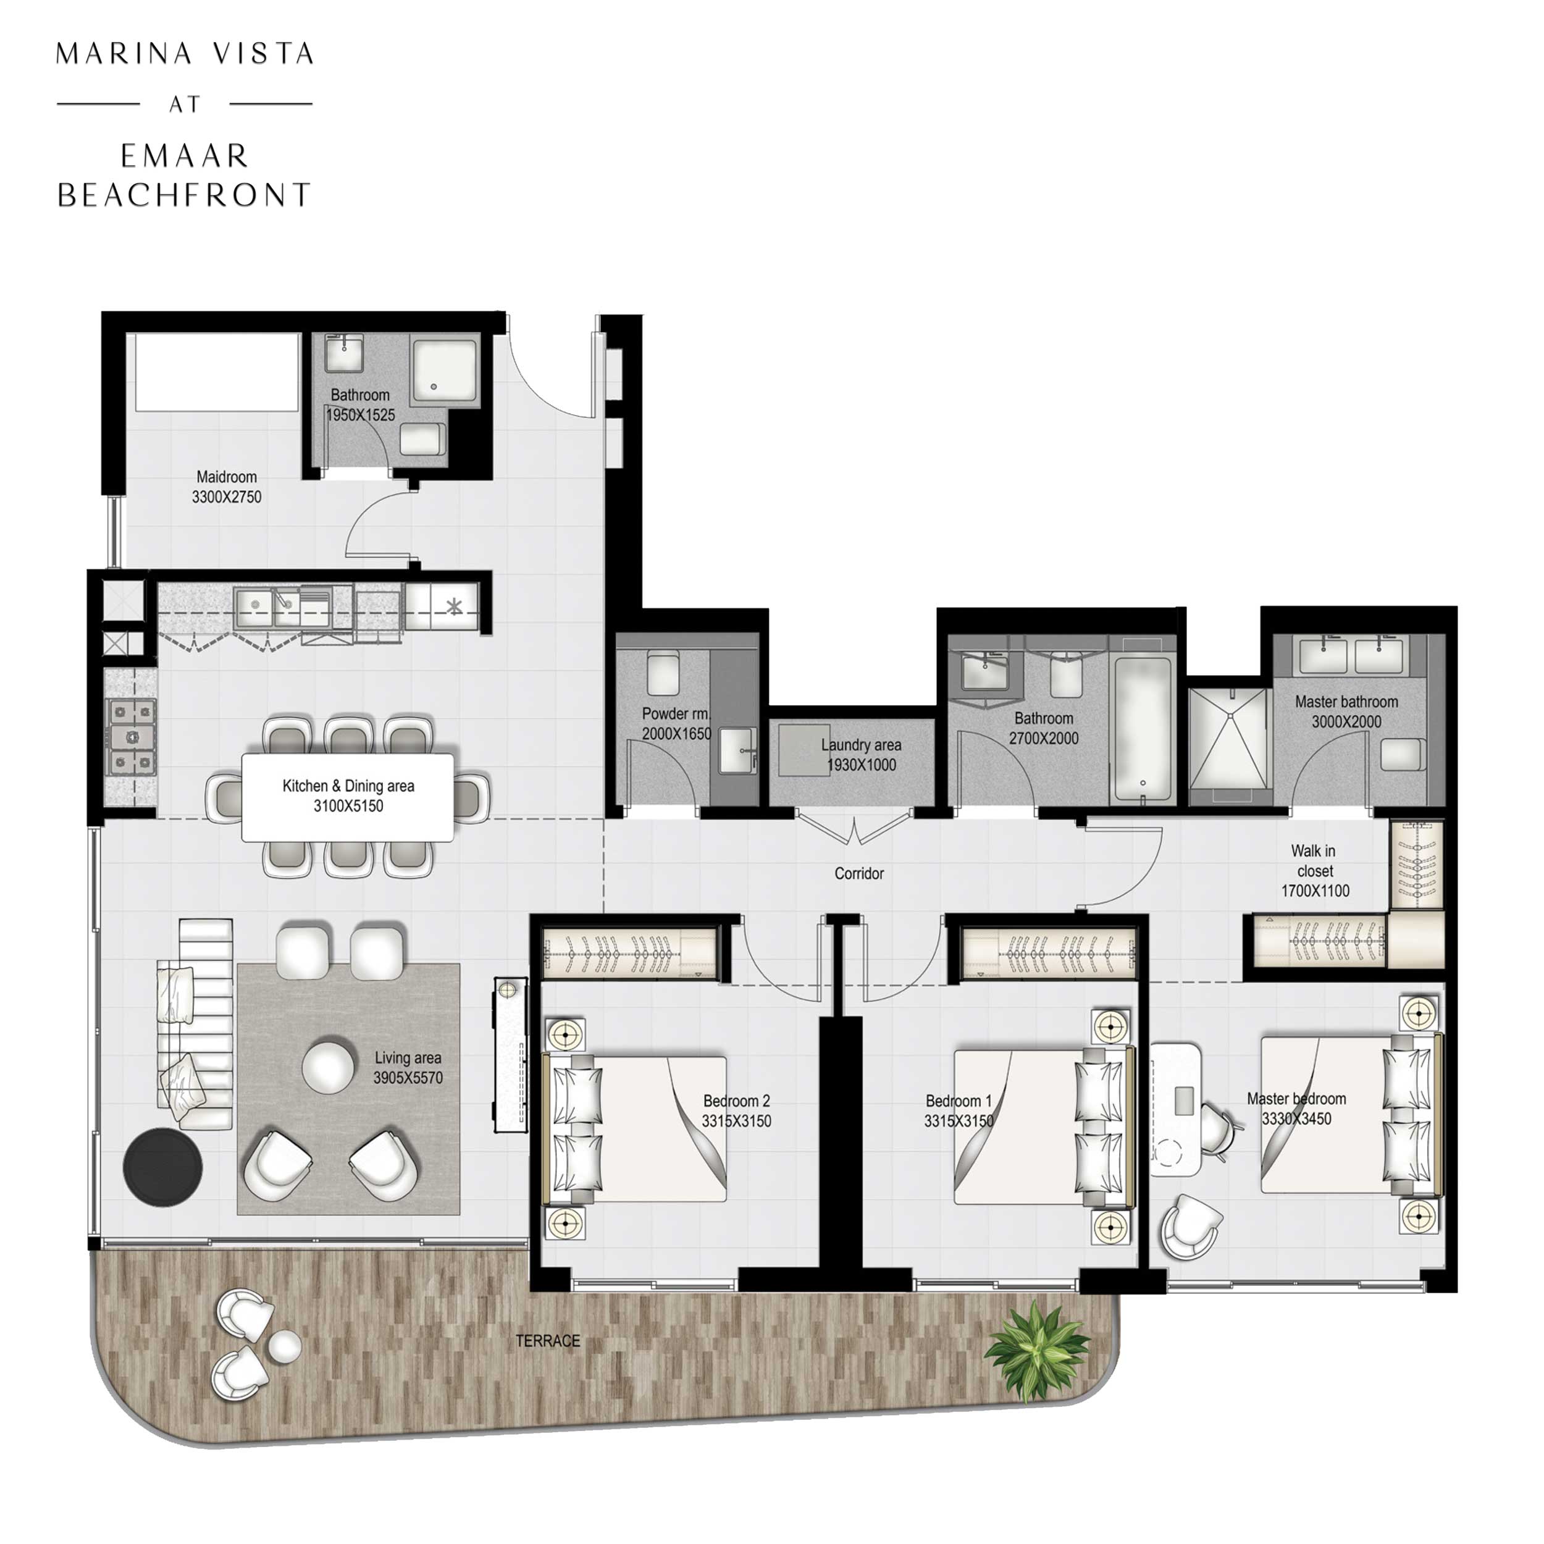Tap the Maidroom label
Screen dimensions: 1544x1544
click(226, 477)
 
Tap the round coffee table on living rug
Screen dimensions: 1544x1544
click(328, 1066)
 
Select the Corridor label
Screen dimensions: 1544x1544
click(858, 873)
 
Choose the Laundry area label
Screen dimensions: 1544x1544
click(861, 745)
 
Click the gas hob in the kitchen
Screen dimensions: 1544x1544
click(132, 737)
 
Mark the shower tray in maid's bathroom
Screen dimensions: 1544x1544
click(444, 369)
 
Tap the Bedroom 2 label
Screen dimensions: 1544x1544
click(736, 1101)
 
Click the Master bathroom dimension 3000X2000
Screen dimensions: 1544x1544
click(1346, 721)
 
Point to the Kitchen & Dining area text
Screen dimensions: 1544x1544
click(348, 786)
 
